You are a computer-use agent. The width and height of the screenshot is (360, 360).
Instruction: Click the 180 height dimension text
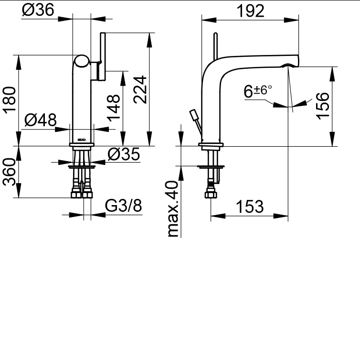[10, 100]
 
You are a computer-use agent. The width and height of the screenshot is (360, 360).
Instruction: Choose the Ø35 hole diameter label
[123, 154]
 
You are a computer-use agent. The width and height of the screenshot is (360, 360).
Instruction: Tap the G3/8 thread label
[123, 207]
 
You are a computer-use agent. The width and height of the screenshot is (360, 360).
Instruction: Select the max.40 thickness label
[173, 209]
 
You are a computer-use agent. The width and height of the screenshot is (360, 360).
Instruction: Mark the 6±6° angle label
[257, 91]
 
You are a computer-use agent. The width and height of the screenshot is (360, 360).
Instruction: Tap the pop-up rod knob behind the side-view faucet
[193, 115]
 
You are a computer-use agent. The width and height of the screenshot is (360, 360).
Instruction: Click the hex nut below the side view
[211, 194]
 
